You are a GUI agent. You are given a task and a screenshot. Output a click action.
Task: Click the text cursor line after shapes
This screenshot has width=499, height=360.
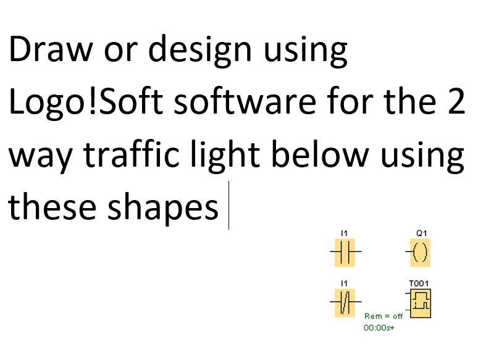click(x=229, y=206)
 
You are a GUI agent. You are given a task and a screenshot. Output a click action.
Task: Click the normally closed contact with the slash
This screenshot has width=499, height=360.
click(x=345, y=303)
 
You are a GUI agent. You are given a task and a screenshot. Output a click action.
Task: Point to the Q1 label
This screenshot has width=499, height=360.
click(x=421, y=233)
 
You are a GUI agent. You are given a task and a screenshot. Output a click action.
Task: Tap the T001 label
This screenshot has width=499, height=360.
click(x=419, y=283)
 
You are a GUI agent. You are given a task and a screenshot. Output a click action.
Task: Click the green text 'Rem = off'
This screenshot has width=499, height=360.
click(x=383, y=316)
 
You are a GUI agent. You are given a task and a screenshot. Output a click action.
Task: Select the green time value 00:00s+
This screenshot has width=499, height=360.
click(x=379, y=327)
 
